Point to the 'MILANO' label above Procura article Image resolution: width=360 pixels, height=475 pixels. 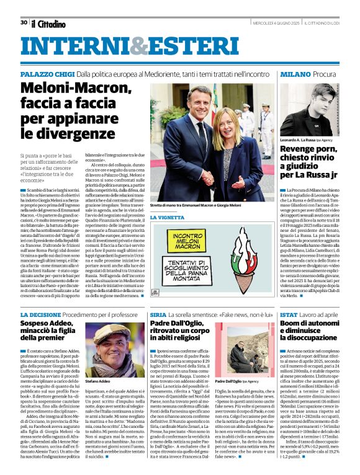tap(278, 74)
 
